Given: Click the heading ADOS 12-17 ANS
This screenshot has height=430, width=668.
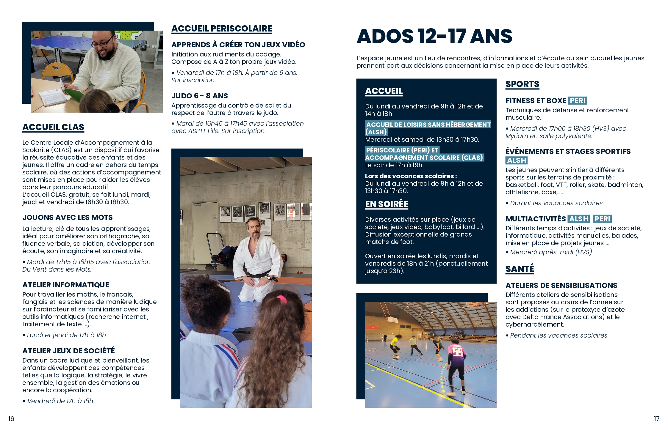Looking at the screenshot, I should (434, 36).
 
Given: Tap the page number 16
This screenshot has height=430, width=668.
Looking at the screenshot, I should (11, 419).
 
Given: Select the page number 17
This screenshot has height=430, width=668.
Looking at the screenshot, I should (657, 419).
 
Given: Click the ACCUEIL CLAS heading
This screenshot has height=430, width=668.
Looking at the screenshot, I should (53, 127).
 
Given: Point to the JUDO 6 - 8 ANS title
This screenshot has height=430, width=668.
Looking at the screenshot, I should (199, 96).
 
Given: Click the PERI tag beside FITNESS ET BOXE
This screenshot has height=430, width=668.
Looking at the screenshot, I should (577, 101).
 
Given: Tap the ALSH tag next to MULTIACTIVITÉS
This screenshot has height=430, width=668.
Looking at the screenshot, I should (578, 219).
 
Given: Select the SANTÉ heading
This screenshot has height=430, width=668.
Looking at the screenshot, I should (520, 269).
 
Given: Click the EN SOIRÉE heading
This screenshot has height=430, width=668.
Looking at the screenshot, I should (387, 204).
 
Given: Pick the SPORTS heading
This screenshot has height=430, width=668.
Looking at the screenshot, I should (522, 84).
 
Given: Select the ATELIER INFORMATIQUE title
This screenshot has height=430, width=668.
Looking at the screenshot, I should (66, 285).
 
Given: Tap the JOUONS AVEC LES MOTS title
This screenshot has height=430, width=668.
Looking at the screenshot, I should (68, 218).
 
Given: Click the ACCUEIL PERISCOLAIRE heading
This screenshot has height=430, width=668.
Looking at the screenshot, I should (222, 29).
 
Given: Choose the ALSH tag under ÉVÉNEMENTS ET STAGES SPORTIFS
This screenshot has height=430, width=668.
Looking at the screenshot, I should (516, 160).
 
